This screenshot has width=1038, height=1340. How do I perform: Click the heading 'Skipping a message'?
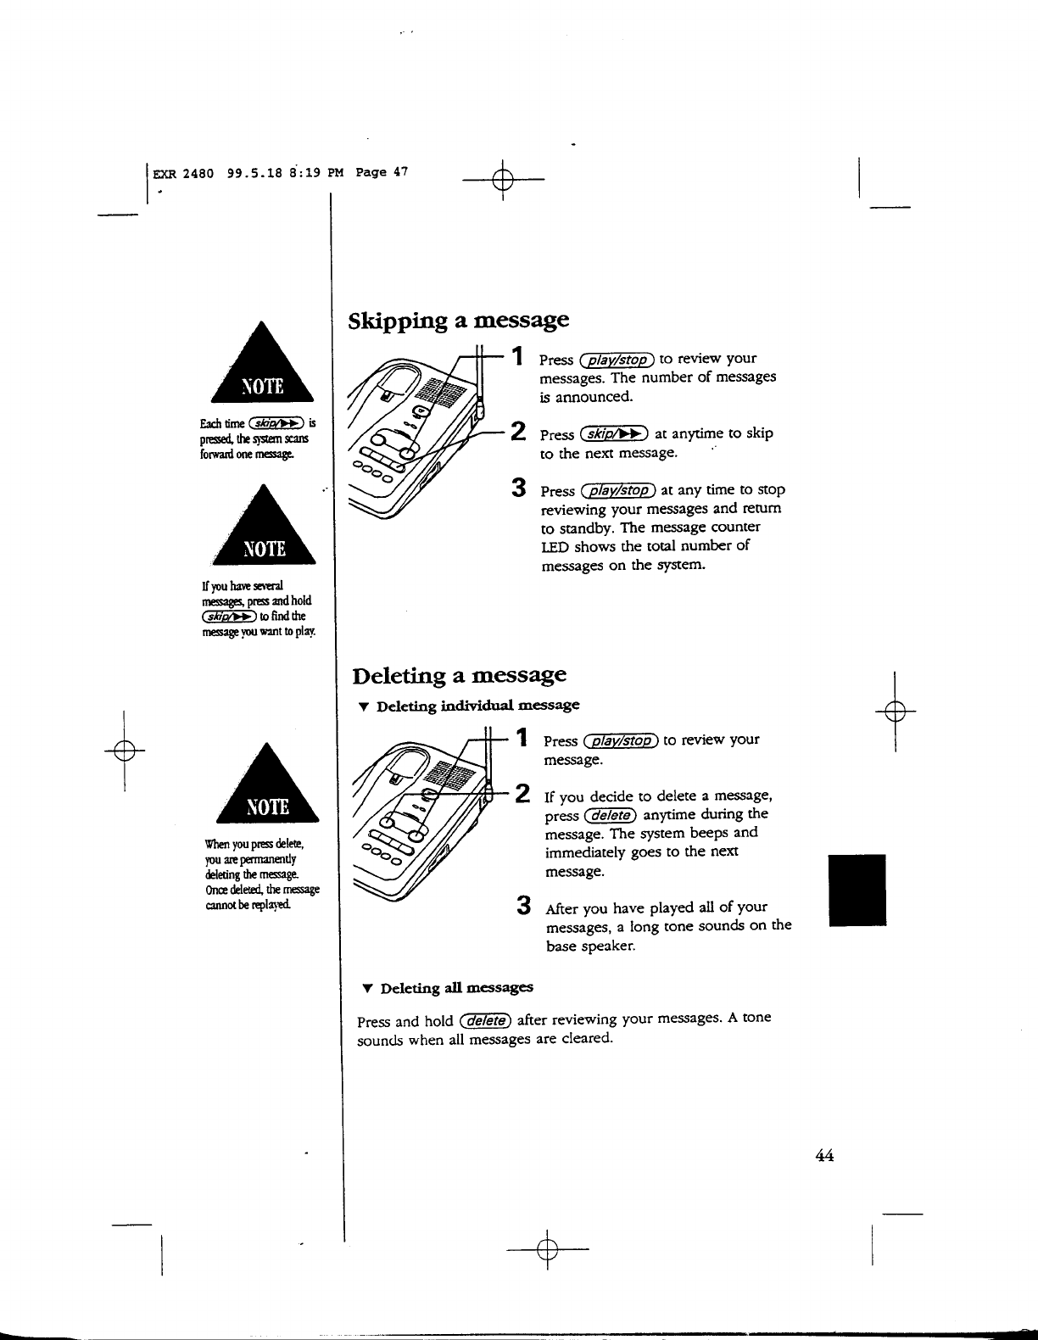459,321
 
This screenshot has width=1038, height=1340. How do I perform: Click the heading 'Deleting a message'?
459,675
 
